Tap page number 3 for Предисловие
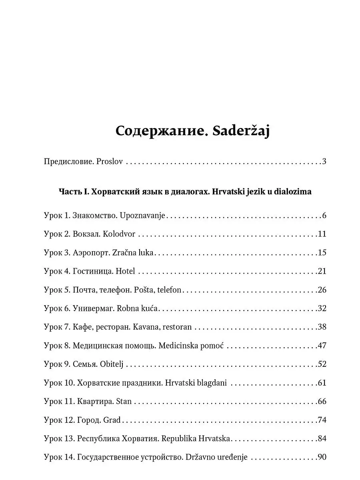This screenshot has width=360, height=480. (324, 162)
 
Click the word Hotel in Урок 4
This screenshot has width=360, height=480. (125, 271)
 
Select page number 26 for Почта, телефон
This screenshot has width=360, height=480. (322, 290)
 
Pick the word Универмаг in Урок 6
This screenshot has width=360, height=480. (92, 308)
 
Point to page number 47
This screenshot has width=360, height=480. (322, 346)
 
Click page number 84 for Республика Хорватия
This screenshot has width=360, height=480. (322, 438)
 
